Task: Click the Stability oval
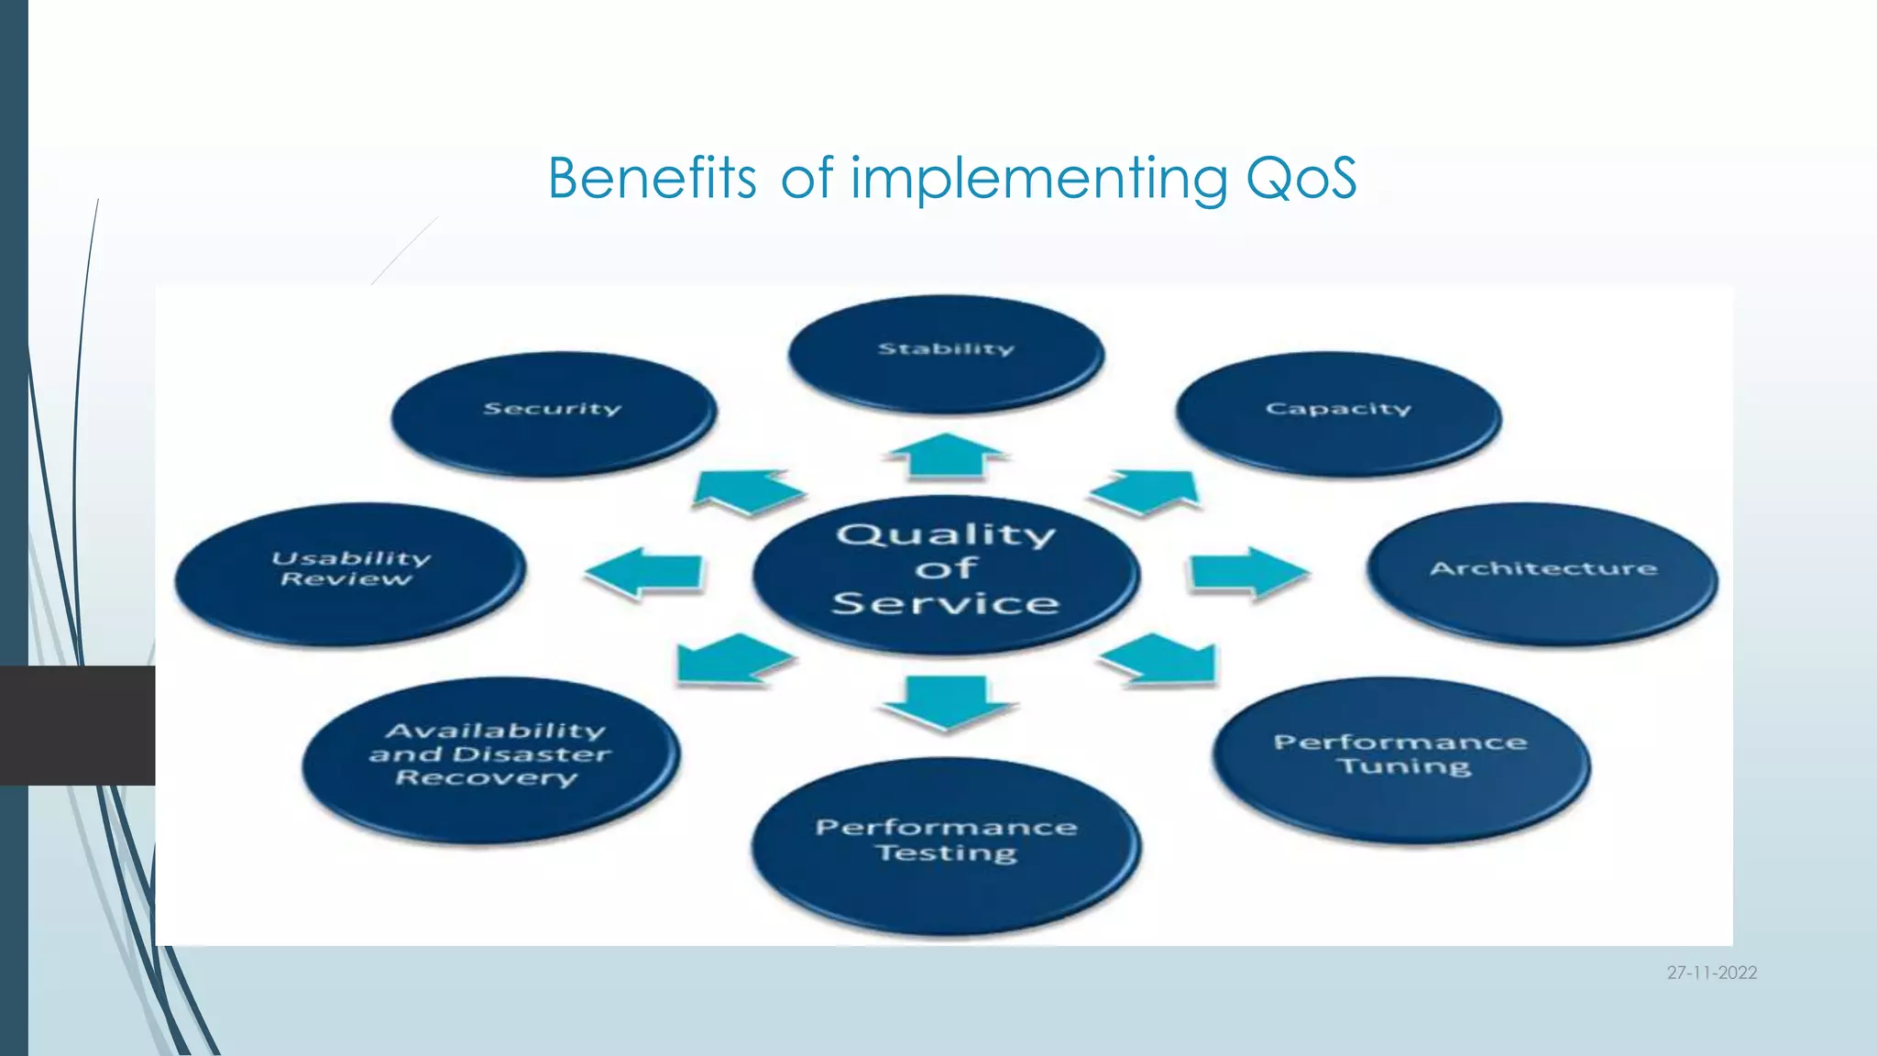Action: click(x=946, y=354)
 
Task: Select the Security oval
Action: click(x=554, y=413)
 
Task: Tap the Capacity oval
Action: click(x=1338, y=413)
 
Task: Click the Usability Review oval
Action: click(x=350, y=573)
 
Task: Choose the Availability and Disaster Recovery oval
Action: click(x=490, y=758)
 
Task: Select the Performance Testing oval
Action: click(x=946, y=844)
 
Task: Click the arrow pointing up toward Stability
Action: click(x=946, y=456)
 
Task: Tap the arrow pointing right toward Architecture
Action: click(x=1246, y=573)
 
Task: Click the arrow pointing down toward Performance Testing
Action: click(x=946, y=701)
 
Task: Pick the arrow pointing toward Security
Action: click(x=744, y=492)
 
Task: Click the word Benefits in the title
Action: click(x=652, y=178)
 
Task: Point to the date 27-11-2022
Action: click(x=1711, y=973)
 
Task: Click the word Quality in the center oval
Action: click(x=946, y=534)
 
